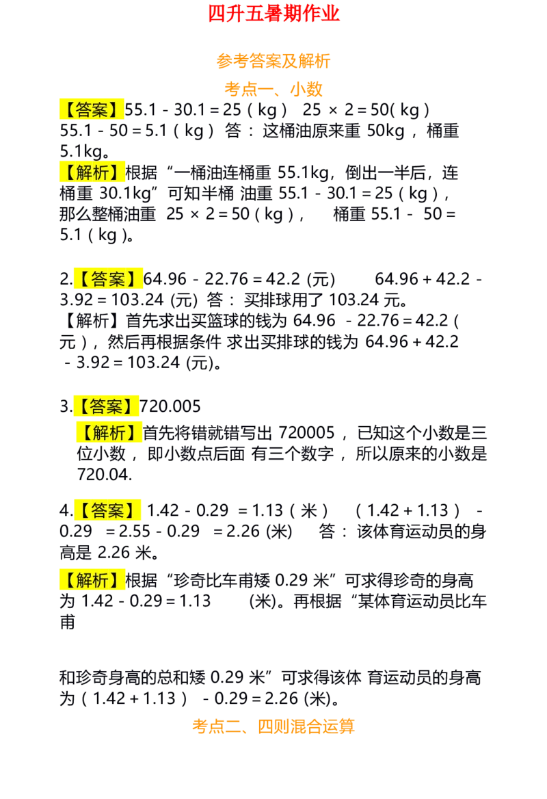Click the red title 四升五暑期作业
click(273, 14)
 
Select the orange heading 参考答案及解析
click(273, 61)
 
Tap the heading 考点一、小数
click(273, 89)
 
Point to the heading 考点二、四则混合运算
click(273, 726)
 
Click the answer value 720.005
click(170, 406)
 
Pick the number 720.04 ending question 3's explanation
click(105, 475)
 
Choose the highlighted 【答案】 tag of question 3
click(107, 406)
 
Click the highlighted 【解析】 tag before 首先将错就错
click(109, 432)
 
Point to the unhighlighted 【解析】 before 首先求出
click(92, 321)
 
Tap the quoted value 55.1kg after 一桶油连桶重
click(303, 173)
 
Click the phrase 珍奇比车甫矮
click(223, 580)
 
